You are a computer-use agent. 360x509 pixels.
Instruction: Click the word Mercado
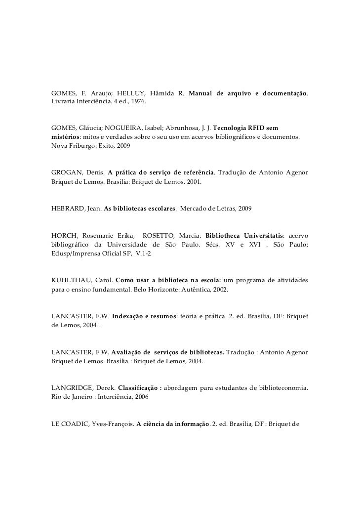click(x=195, y=209)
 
